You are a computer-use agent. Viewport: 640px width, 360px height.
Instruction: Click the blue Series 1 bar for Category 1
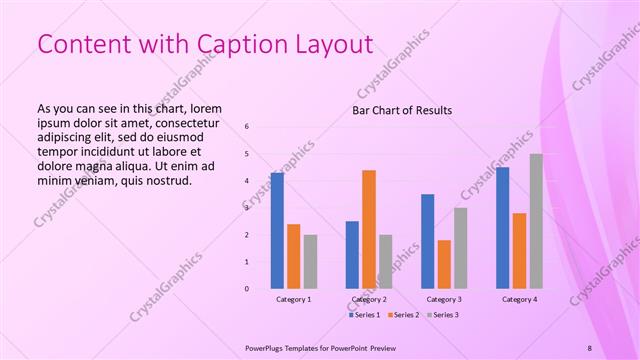coord(277,230)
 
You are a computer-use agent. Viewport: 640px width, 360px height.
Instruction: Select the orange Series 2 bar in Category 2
coord(369,229)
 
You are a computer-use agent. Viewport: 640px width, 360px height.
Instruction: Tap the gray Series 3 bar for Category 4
coord(536,221)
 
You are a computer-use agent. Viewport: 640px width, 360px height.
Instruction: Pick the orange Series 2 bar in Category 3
coord(444,264)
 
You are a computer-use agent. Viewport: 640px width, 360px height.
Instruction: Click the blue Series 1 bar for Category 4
coord(502,227)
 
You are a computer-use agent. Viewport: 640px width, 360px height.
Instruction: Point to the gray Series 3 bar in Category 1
coord(310,261)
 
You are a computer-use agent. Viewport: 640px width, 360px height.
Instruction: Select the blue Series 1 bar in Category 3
coord(427,241)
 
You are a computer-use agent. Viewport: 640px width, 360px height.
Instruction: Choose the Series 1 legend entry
coord(366,315)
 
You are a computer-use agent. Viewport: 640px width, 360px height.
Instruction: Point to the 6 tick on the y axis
coord(247,126)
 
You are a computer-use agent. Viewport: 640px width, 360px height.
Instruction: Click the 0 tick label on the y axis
coord(247,289)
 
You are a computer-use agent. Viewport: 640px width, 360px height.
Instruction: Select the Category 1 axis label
coord(293,299)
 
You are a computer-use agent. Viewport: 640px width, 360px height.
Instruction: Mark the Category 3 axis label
coord(444,299)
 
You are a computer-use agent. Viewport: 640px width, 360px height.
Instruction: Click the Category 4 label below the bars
coord(519,299)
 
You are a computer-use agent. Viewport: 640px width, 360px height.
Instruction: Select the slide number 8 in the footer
coord(589,347)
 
